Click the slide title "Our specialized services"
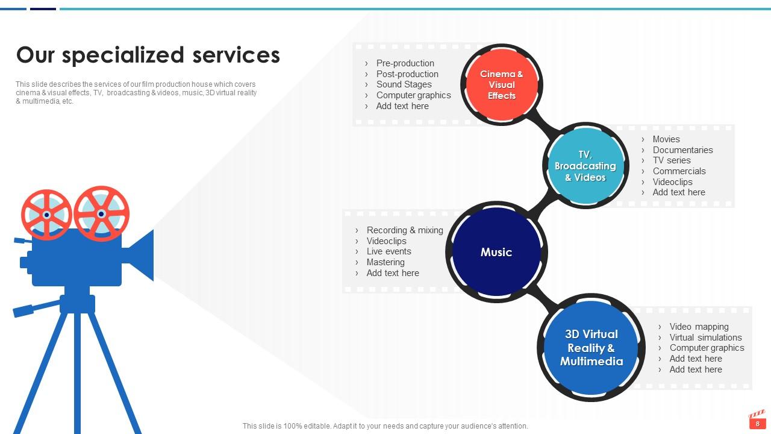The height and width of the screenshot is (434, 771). click(x=148, y=55)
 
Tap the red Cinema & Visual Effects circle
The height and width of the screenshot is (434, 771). click(x=502, y=85)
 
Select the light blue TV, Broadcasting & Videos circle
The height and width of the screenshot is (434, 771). click(x=585, y=166)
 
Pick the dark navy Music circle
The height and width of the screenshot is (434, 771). click(x=496, y=253)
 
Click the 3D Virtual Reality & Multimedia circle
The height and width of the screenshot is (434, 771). click(x=591, y=348)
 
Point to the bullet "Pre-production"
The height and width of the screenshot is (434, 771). click(x=405, y=63)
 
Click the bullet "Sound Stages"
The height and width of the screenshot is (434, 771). click(x=404, y=84)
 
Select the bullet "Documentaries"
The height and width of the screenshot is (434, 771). click(x=682, y=150)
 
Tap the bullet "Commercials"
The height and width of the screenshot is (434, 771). click(x=679, y=171)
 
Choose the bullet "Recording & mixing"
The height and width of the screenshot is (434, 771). click(x=404, y=230)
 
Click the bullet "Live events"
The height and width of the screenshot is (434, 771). click(x=389, y=251)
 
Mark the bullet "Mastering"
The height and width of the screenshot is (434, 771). click(x=385, y=262)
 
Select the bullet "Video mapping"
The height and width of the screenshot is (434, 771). click(x=699, y=327)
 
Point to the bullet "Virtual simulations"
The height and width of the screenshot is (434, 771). click(x=705, y=338)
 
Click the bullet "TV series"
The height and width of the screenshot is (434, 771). click(x=672, y=160)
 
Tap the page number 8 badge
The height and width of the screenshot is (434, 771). click(x=757, y=424)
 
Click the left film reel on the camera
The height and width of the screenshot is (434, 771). click(x=46, y=214)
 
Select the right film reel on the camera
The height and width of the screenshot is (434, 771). click(x=101, y=213)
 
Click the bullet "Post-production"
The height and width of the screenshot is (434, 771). click(x=407, y=74)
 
